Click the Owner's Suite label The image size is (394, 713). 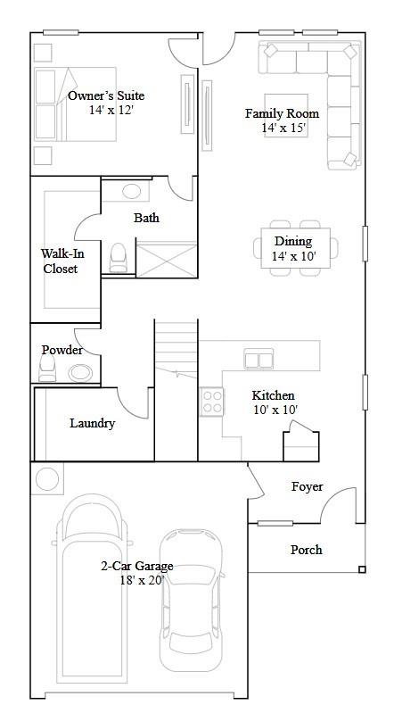click(106, 95)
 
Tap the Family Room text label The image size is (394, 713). click(282, 113)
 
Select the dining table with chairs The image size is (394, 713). click(294, 243)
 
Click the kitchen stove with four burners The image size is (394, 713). click(212, 400)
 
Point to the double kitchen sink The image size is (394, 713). click(259, 360)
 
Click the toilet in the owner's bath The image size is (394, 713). click(118, 258)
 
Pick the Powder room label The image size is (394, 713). click(62, 350)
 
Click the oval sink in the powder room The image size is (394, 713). click(80, 374)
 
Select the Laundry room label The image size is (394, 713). click(92, 423)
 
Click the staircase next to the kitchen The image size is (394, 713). click(176, 348)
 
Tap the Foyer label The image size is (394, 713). click(307, 486)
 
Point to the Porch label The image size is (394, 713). click(306, 550)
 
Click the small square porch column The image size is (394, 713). click(361, 569)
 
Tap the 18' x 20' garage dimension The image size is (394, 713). click(136, 580)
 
